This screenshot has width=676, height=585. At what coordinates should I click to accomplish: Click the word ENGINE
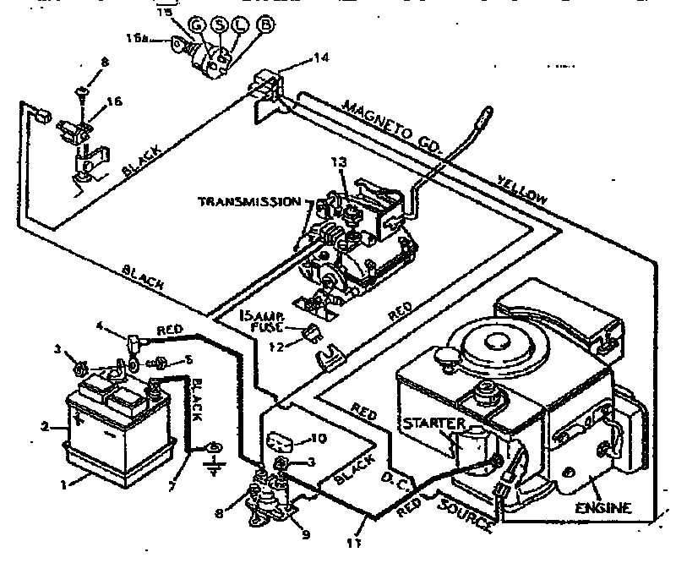click(603, 508)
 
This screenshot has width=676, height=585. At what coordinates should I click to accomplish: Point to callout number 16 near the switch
click(114, 102)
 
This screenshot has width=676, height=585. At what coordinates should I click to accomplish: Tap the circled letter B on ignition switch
click(264, 25)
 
